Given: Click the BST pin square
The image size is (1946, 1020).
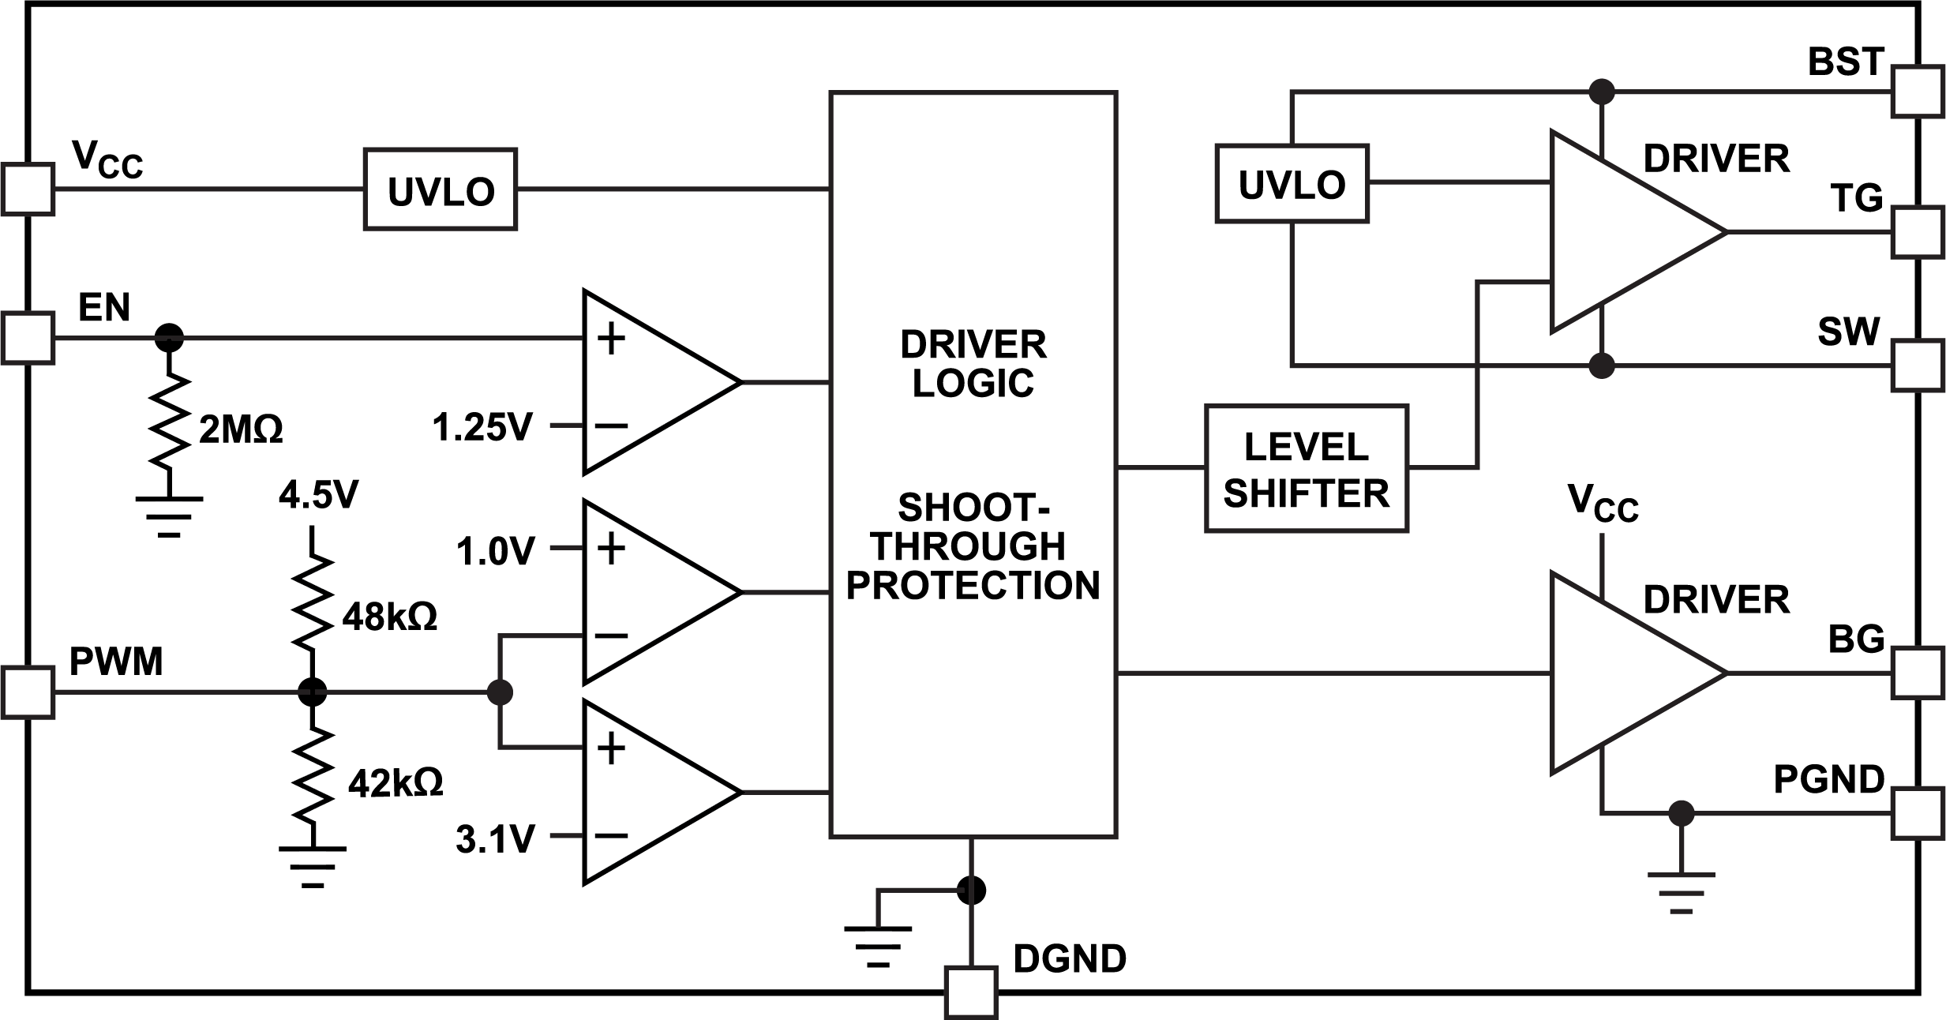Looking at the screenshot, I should tap(1916, 92).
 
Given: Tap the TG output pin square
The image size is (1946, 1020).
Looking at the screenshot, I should tap(1916, 231).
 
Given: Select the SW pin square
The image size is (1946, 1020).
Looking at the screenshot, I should tap(1916, 366).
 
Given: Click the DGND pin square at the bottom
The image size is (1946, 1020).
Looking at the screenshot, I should tap(970, 992).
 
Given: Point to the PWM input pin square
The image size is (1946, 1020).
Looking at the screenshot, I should tap(28, 692).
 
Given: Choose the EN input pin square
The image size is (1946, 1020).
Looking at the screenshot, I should tap(28, 338).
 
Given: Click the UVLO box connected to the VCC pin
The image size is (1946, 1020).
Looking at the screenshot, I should tap(440, 189).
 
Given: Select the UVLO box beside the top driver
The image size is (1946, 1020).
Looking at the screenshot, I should tap(1292, 183).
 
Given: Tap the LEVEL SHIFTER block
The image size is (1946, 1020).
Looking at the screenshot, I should tap(1306, 469).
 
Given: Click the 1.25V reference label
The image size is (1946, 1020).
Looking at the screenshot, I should tap(482, 428).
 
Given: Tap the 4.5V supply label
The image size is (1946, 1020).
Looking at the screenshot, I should tap(318, 495).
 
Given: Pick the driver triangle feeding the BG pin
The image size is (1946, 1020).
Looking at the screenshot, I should tap(1626, 673).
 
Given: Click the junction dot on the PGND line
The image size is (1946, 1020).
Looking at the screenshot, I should tap(1681, 812).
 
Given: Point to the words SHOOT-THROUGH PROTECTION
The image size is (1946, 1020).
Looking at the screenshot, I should tap(973, 546).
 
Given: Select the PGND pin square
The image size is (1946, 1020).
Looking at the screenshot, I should tap(1916, 812).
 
